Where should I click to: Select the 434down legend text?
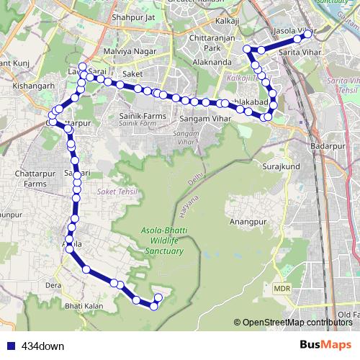click(42, 346)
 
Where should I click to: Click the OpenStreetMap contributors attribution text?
click(297, 323)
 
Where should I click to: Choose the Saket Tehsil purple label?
click(115, 192)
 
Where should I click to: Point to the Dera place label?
click(53, 285)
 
